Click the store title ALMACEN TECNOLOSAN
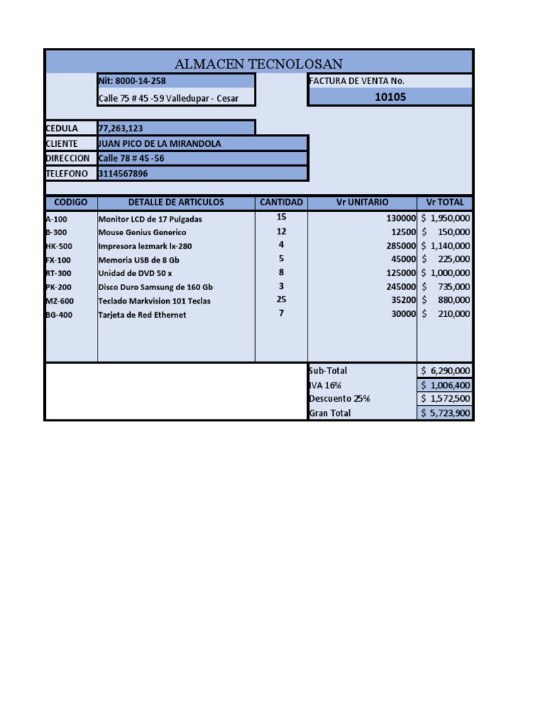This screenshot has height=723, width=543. [258, 64]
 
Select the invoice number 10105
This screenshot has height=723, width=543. [390, 97]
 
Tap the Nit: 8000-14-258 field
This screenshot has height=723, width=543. [132, 81]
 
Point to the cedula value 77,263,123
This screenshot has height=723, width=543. [122, 129]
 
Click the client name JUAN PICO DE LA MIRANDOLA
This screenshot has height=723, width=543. [160, 143]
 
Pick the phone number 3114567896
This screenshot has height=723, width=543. [124, 174]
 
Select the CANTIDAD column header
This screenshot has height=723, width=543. [281, 203]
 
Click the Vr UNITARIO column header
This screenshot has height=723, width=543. [362, 203]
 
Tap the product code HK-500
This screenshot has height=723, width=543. [59, 246]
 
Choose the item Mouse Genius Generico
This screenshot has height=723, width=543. [142, 232]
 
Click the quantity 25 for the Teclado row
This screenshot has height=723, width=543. [281, 299]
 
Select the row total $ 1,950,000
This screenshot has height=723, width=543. [445, 218]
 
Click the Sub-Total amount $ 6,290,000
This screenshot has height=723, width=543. [445, 371]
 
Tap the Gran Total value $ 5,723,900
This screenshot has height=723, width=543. [445, 413]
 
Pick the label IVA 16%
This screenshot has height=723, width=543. [325, 386]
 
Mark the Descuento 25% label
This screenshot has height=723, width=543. [339, 399]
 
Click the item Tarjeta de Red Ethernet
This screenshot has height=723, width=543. [142, 315]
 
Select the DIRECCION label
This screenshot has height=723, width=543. [68, 158]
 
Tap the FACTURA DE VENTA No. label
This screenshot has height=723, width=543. [356, 81]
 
